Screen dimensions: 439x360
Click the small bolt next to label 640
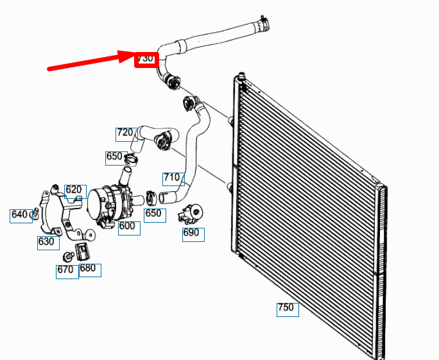click(35, 213)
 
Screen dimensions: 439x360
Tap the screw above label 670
click(68, 256)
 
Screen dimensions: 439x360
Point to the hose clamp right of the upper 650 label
click(132, 160)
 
